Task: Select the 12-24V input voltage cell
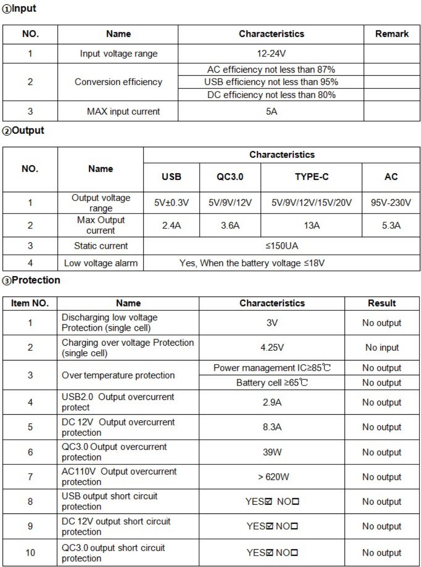pyautogui.click(x=271, y=53)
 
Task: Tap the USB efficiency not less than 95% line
pyautogui.click(x=271, y=82)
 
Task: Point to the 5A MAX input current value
pyautogui.click(x=271, y=111)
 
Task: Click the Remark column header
pyautogui.click(x=392, y=34)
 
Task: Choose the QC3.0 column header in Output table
pyautogui.click(x=230, y=177)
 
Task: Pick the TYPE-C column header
pyautogui.click(x=311, y=177)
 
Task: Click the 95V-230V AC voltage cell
pyautogui.click(x=391, y=203)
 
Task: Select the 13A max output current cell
pyautogui.click(x=311, y=225)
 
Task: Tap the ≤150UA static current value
pyautogui.click(x=281, y=246)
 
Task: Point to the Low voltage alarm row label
pyautogui.click(x=100, y=263)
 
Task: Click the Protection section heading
pyautogui.click(x=32, y=280)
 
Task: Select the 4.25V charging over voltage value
pyautogui.click(x=272, y=348)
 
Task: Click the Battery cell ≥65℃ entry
pyautogui.click(x=272, y=383)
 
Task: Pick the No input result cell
pyautogui.click(x=382, y=348)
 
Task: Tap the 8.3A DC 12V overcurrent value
pyautogui.click(x=272, y=427)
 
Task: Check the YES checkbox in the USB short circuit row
pyautogui.click(x=268, y=502)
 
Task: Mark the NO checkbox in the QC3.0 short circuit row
pyautogui.click(x=294, y=553)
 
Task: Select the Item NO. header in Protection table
pyautogui.click(x=30, y=303)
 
